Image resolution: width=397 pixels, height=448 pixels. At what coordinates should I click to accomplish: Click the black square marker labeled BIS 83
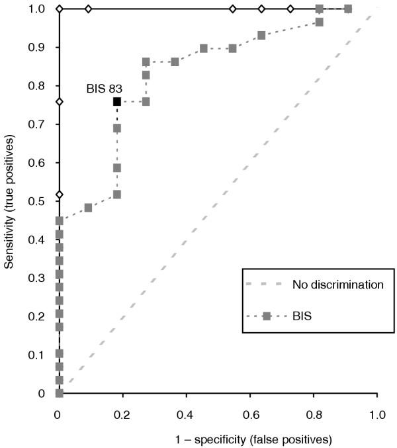pos(117,101)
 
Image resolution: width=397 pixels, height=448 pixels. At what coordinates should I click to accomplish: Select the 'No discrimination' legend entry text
pos(337,285)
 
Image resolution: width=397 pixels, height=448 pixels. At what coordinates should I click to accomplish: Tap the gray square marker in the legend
pos(267,316)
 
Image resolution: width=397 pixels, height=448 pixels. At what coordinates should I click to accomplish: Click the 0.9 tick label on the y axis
pos(40,48)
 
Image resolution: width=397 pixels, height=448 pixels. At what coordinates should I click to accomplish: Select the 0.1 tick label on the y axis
pos(40,355)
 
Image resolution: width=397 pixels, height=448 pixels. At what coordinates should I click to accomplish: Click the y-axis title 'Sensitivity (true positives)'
pos(10,199)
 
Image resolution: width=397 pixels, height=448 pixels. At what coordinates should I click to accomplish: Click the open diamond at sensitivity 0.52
pos(59,195)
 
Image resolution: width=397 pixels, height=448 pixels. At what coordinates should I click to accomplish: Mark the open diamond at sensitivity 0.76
pos(59,102)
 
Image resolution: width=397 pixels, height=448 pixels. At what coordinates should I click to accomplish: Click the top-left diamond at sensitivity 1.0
pos(59,9)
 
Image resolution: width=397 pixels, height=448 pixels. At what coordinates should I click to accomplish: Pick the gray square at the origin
pos(59,394)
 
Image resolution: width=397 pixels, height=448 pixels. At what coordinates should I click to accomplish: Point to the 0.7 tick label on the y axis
pos(40,124)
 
